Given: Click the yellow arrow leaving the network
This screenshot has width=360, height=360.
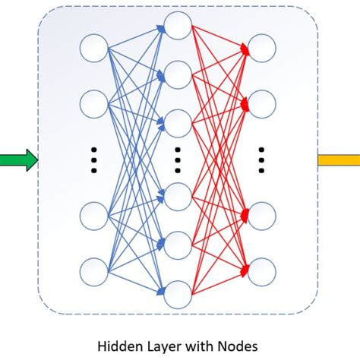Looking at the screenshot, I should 337,160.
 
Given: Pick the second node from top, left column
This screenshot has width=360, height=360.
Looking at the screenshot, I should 94,103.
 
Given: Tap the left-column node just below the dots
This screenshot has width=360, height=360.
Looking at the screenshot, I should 94,216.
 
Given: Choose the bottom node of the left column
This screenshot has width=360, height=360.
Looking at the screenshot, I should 94,271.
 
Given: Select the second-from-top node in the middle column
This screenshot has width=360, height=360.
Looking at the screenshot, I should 177,74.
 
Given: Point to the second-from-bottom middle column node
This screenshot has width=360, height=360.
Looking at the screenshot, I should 177,245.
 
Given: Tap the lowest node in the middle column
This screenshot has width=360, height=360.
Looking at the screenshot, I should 177,293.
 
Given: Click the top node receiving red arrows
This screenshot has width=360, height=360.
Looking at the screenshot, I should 261,48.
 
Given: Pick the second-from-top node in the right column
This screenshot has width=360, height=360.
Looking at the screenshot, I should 261,103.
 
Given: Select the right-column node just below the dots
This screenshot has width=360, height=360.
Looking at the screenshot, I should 261,216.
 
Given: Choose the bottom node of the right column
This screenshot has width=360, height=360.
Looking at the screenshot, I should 261,271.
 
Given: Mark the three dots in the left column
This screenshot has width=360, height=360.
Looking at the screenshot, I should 94,160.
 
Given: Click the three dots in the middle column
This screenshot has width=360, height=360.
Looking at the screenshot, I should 177,160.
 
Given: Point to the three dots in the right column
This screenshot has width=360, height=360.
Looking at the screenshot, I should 261,160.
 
